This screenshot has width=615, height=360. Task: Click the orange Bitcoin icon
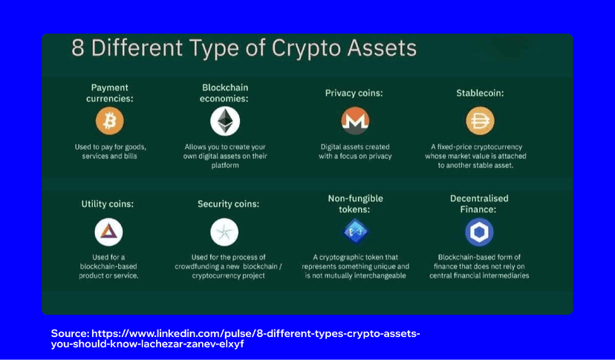click(109, 120)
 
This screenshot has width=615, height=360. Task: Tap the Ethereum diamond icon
click(224, 120)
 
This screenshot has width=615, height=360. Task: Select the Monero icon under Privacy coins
click(354, 120)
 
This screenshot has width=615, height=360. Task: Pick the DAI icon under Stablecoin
click(479, 120)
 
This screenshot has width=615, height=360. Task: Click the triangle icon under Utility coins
click(108, 232)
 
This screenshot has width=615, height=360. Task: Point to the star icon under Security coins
click(224, 232)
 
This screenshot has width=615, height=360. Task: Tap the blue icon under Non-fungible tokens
click(354, 232)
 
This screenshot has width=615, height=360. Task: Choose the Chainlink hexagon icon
click(479, 232)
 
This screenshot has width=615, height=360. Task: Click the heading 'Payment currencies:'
click(109, 93)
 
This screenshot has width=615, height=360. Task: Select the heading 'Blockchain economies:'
click(224, 93)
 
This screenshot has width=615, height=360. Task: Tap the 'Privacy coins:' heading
click(354, 94)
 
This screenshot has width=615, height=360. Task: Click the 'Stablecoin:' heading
click(479, 94)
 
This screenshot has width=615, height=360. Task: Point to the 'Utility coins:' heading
click(108, 203)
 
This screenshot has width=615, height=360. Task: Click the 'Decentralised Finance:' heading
click(478, 204)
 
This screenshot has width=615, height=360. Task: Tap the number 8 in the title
click(78, 49)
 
